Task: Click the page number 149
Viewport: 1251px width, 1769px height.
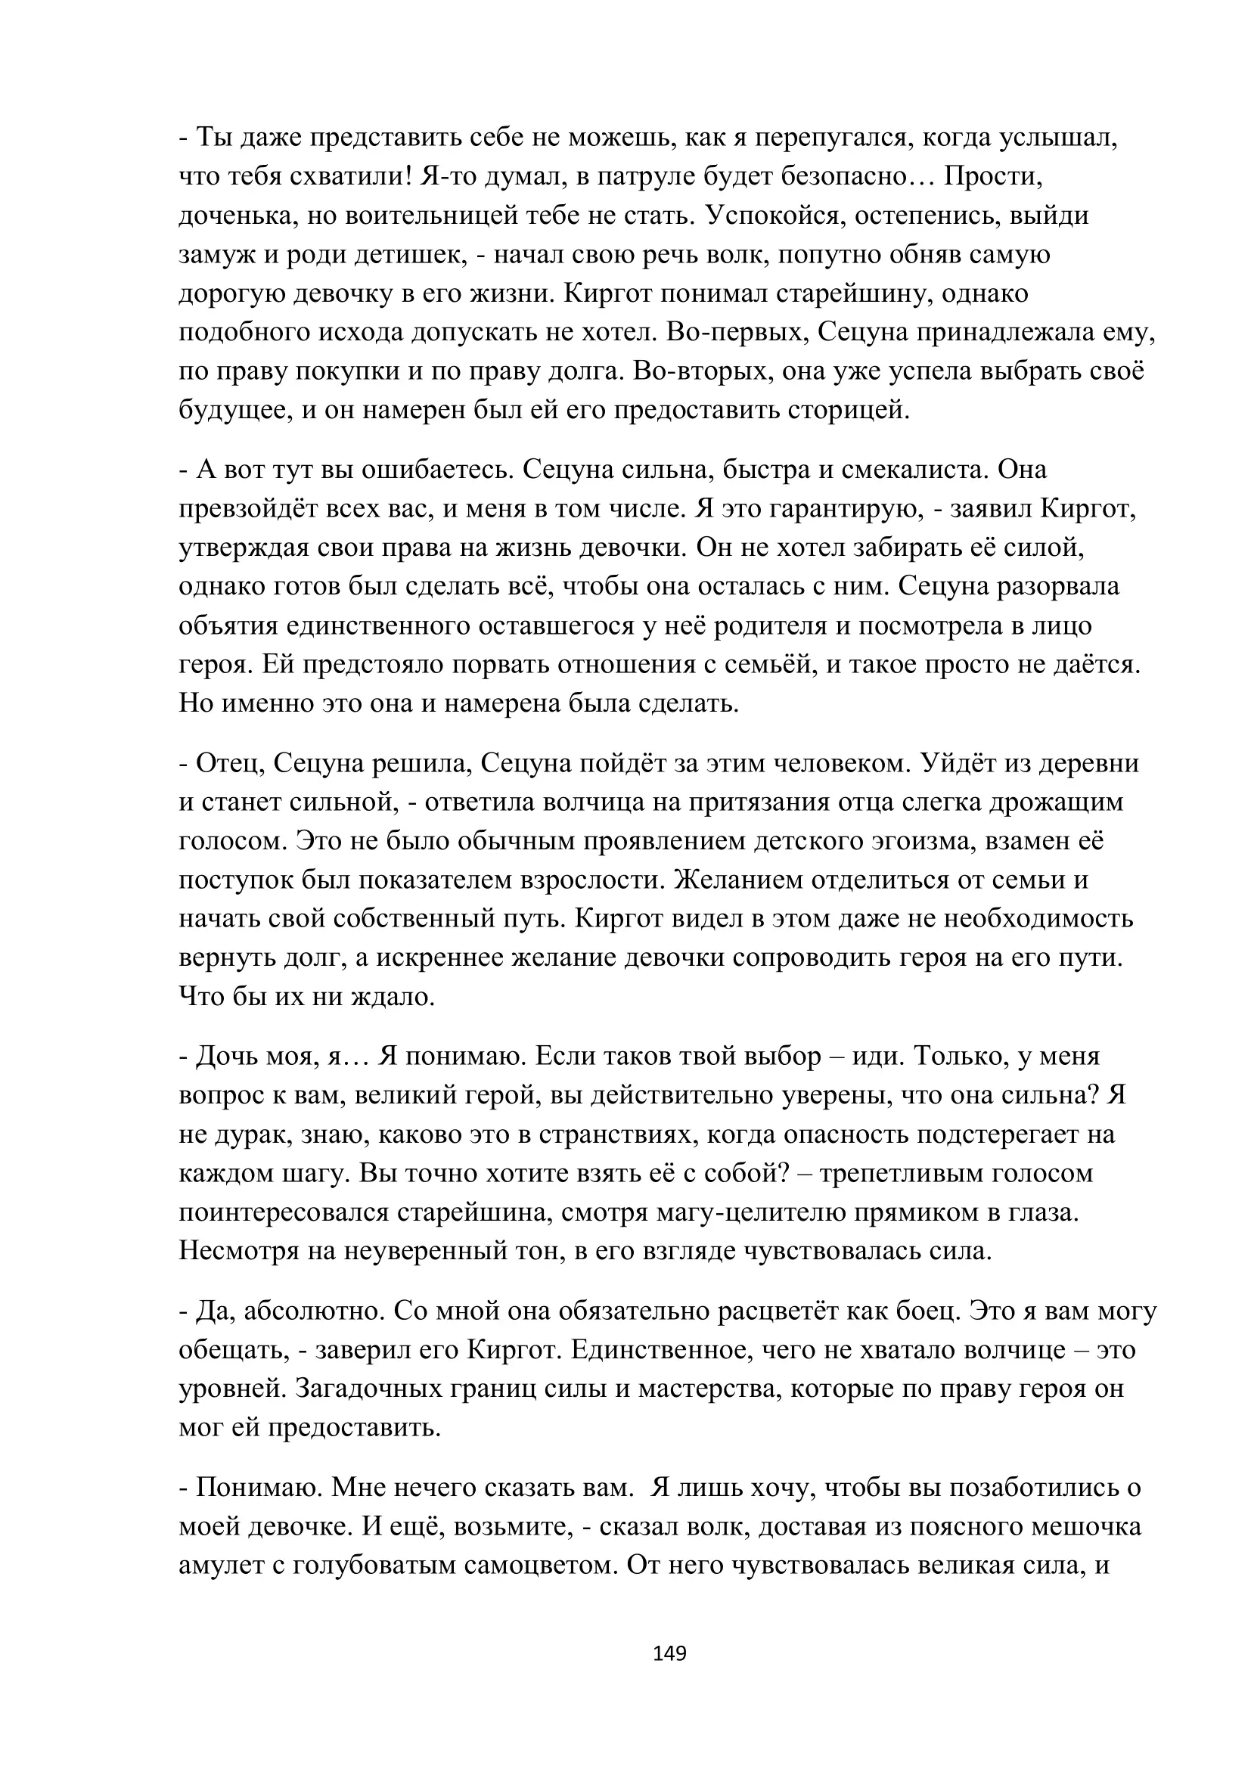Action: (x=669, y=1653)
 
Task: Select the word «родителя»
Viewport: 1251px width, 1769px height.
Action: (x=771, y=625)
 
